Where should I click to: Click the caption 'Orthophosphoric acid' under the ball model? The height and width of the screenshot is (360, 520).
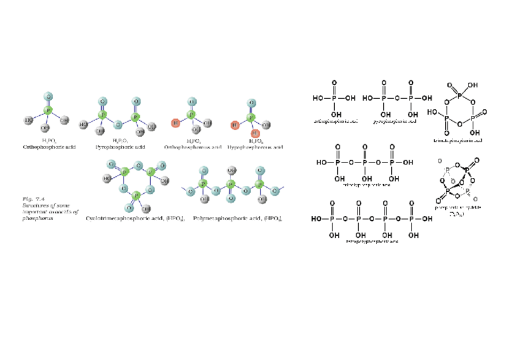pyautogui.click(x=49, y=148)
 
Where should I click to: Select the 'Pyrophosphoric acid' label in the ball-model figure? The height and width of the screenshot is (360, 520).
pyautogui.click(x=120, y=148)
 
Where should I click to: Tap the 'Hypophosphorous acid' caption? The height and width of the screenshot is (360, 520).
pyautogui.click(x=254, y=148)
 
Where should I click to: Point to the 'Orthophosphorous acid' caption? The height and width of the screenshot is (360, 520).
pyautogui.click(x=192, y=148)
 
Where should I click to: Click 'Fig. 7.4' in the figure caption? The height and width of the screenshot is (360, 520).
pyautogui.click(x=30, y=200)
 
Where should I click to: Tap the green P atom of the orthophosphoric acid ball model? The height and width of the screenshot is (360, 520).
pyautogui.click(x=48, y=112)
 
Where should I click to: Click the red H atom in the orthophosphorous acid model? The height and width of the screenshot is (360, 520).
pyautogui.click(x=175, y=124)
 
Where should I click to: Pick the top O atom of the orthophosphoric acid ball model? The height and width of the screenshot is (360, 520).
pyautogui.click(x=49, y=96)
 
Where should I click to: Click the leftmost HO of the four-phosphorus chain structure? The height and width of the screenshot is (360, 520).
pyautogui.click(x=316, y=219)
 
